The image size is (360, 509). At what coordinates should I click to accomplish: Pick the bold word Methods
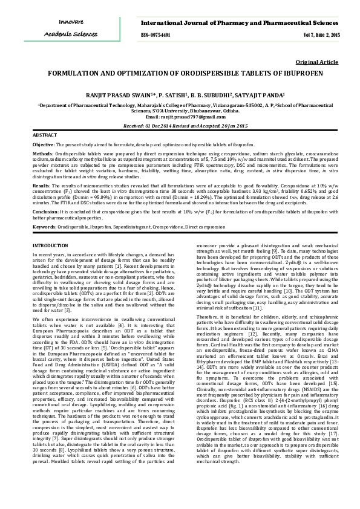[x=43, y=154]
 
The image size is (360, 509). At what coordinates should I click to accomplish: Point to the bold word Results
[x=42, y=184]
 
